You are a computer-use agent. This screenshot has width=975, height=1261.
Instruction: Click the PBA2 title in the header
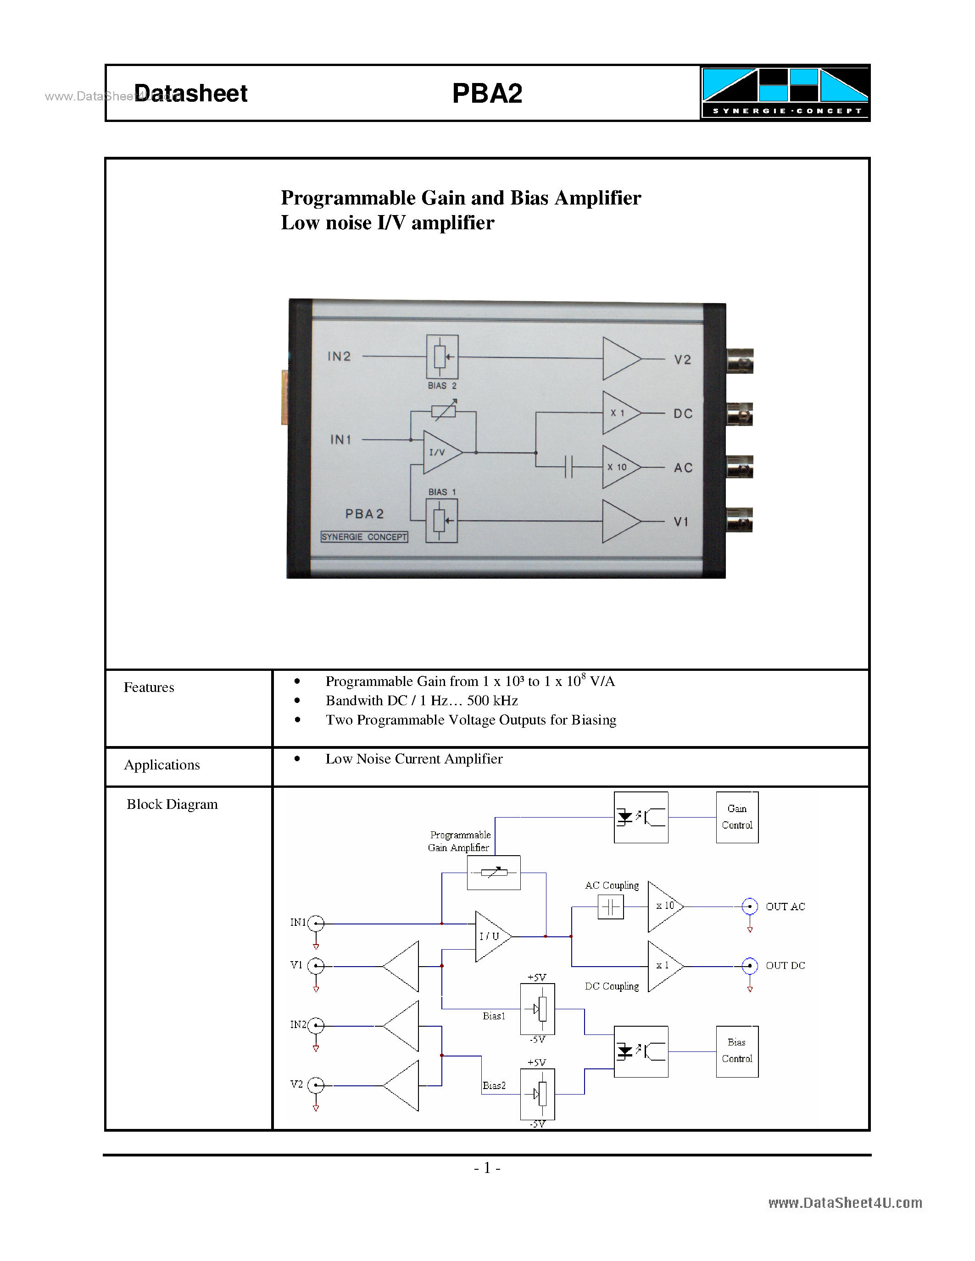point(487,94)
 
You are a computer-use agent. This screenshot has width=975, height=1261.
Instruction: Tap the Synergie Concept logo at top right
point(785,92)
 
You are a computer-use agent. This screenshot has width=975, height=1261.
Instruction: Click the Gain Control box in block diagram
point(737,817)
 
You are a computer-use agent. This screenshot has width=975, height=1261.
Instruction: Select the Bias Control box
point(737,1051)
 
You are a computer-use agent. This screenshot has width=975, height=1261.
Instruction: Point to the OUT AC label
point(785,907)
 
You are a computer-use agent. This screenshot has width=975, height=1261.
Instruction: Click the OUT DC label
point(785,965)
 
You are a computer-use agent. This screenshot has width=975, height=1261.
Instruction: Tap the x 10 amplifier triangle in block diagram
point(663,907)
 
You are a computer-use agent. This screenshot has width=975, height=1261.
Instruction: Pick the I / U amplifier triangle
point(491,936)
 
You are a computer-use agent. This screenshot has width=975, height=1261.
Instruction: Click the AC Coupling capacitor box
point(611,907)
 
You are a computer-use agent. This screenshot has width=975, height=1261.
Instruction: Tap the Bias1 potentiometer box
point(537,1009)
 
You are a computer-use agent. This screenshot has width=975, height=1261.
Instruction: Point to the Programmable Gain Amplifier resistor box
point(494,873)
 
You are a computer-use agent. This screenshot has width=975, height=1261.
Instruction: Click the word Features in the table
point(149,687)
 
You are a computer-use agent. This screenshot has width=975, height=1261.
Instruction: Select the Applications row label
point(162,764)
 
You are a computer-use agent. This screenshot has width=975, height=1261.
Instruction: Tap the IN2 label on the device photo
point(339,356)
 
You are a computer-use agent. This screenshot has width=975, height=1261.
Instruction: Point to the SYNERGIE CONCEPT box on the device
point(364,537)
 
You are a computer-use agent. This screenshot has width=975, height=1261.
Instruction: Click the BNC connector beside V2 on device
point(740,361)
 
